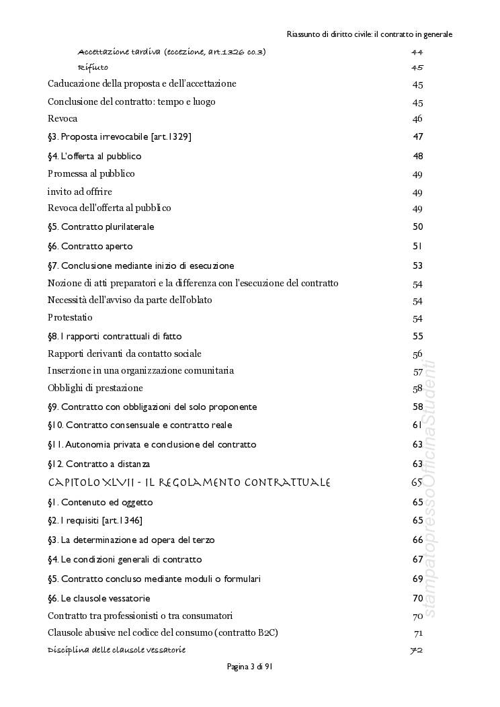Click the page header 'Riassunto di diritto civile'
(369, 34)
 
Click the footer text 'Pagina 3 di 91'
(249, 667)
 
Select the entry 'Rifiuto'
(93, 67)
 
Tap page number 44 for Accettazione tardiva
(417, 52)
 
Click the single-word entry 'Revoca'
(62, 119)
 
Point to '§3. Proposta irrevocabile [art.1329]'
(120, 136)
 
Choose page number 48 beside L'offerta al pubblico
(417, 156)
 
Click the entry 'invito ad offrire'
(79, 192)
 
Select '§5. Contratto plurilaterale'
(101, 227)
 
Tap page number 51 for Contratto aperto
(417, 246)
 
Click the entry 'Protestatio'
(70, 317)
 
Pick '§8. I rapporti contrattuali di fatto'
(114, 336)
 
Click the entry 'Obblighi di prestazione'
(95, 388)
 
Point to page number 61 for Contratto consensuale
(417, 425)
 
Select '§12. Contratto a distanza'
(99, 464)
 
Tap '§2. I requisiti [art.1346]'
(95, 521)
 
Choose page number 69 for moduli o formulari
(417, 579)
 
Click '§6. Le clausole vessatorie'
(99, 598)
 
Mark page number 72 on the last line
(416, 650)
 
